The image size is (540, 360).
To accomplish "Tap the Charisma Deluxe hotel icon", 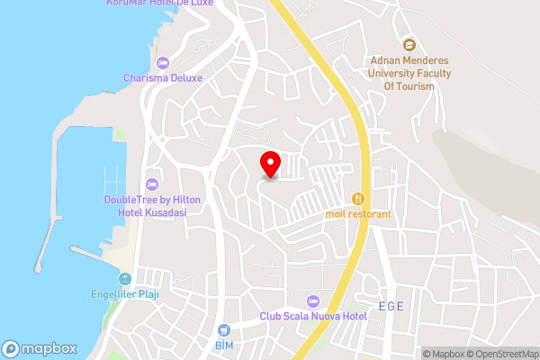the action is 162,62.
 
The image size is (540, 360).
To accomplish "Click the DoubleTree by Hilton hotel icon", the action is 151,184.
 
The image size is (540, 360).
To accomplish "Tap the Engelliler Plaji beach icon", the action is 125,278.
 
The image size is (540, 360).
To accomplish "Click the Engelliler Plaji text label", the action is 125,293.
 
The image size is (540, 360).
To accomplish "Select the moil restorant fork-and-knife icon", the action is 358,198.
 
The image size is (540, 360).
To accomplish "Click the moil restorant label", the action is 358,214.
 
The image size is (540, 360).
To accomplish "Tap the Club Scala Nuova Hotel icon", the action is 313,301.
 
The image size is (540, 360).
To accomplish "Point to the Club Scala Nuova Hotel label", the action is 314,316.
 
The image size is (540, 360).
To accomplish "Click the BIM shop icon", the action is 224,329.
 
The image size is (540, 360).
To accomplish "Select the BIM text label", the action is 224,345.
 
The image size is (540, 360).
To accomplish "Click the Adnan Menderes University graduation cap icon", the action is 409,45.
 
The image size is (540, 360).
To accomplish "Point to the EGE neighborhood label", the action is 391,307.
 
